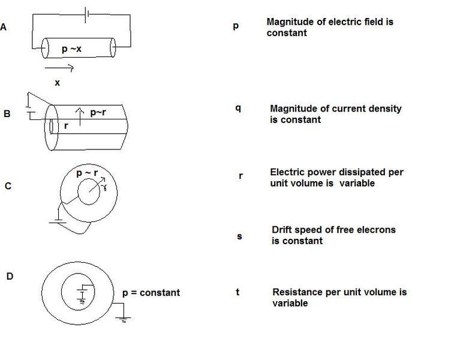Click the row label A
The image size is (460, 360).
[x=4, y=27]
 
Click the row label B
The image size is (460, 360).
[x=7, y=113]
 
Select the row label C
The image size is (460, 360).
[x=8, y=186]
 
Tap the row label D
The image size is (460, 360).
[x=10, y=276]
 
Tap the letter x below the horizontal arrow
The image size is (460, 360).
[x=58, y=83]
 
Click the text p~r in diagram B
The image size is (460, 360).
[x=98, y=112]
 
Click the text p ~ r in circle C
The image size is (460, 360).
[x=88, y=173]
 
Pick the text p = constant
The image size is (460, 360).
[x=151, y=293]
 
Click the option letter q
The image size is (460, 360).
[x=238, y=109]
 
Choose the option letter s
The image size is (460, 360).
[x=239, y=236]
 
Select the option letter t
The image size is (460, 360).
[x=238, y=292]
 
